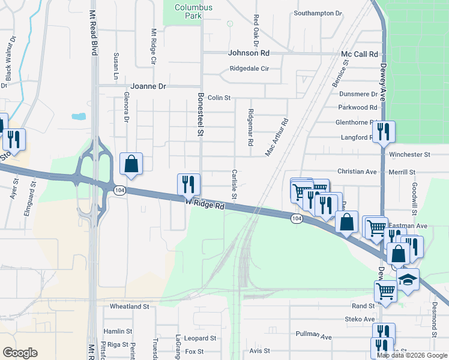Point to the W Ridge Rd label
tap(205, 205)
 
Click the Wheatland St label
tap(129, 306)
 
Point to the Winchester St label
tap(410, 154)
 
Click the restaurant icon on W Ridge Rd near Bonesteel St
tap(189, 185)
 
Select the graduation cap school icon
tap(408, 280)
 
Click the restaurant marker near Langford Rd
tap(383, 131)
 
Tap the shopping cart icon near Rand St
tap(385, 292)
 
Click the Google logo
tap(20, 353)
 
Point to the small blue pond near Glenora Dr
tap(78, 116)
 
